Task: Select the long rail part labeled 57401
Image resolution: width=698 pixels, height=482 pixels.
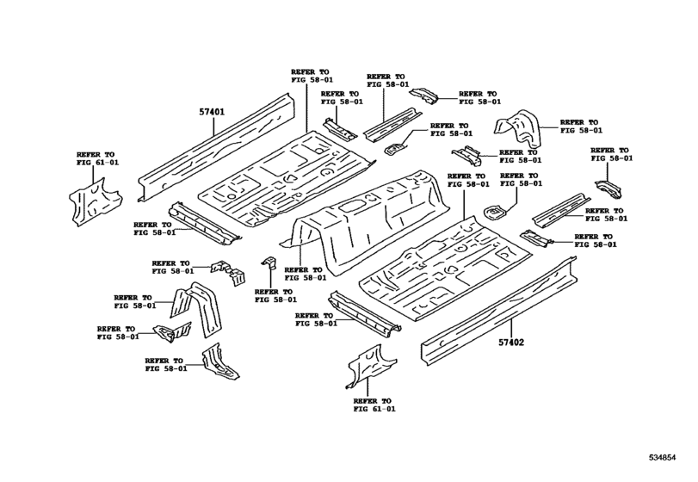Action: [x=219, y=142]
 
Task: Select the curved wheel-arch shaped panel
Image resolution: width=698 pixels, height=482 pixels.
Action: [x=518, y=129]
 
